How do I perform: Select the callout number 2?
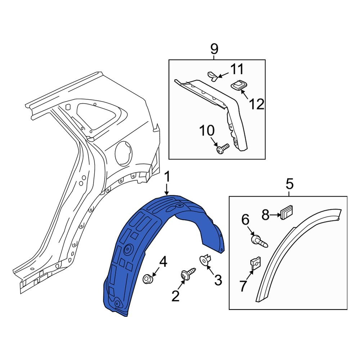[x=175, y=296]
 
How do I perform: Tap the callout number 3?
[x=218, y=280]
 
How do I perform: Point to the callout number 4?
[x=163, y=262]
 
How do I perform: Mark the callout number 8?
[x=266, y=215]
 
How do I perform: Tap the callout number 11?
[x=237, y=69]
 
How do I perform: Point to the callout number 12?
[x=256, y=104]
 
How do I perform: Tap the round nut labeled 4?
[x=148, y=279]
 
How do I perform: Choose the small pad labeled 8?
[x=287, y=213]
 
